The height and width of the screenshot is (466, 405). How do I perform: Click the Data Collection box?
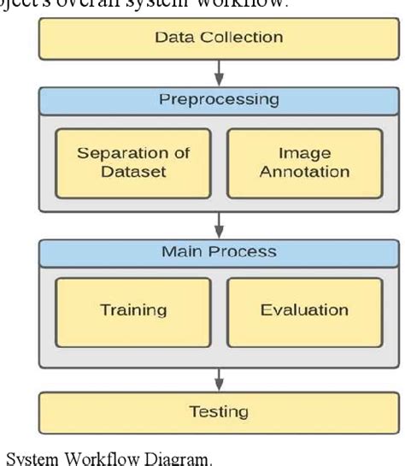point(219,38)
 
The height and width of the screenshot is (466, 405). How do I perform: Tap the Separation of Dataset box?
point(132,162)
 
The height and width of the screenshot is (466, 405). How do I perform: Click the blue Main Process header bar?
point(219,253)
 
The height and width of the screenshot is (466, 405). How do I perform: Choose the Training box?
point(132,310)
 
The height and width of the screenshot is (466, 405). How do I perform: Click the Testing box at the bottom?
point(219,411)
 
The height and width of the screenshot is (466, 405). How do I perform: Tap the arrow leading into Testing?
point(219,375)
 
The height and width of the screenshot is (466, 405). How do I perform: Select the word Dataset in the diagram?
point(132,172)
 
